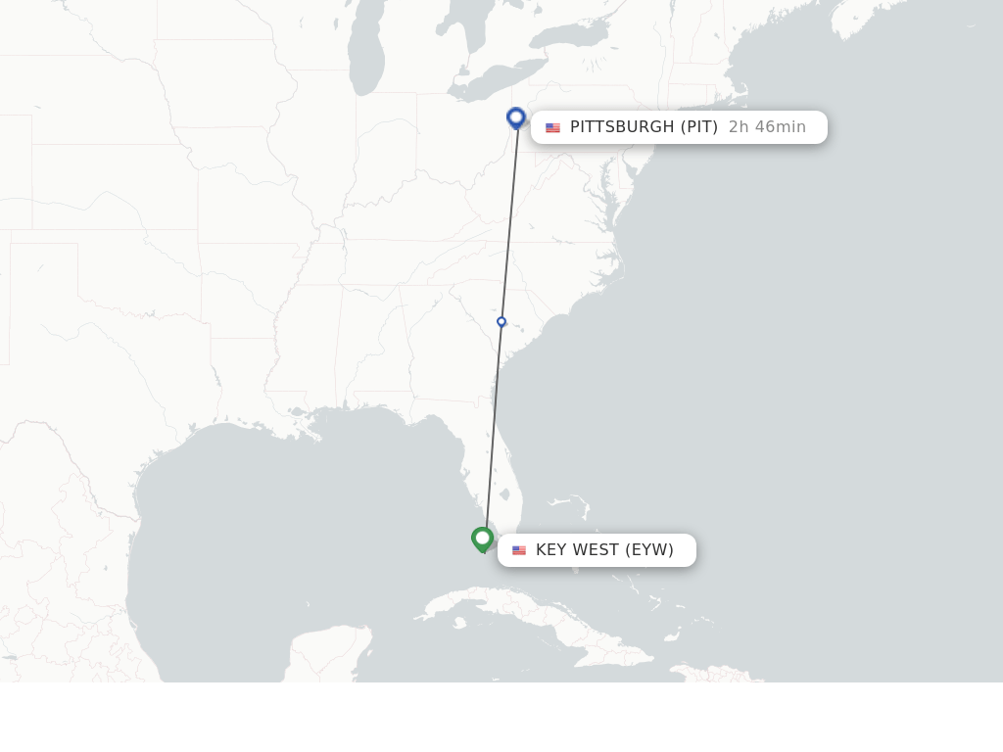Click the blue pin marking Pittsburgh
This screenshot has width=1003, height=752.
click(x=516, y=117)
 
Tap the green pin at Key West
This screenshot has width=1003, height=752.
click(x=482, y=539)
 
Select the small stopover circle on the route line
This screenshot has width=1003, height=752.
click(x=501, y=321)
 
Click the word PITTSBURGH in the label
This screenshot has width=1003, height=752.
click(x=622, y=127)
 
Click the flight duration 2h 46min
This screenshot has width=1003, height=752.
click(x=767, y=127)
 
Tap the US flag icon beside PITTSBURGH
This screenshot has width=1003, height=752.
click(x=552, y=127)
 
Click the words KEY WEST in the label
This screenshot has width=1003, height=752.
click(x=577, y=550)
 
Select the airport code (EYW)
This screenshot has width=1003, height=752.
click(x=649, y=550)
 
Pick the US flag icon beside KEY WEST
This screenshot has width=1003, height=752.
click(x=519, y=550)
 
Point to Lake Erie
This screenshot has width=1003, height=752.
click(x=490, y=88)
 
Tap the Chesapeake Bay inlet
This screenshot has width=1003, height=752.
click(x=609, y=211)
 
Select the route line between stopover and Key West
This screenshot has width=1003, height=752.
click(x=494, y=431)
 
